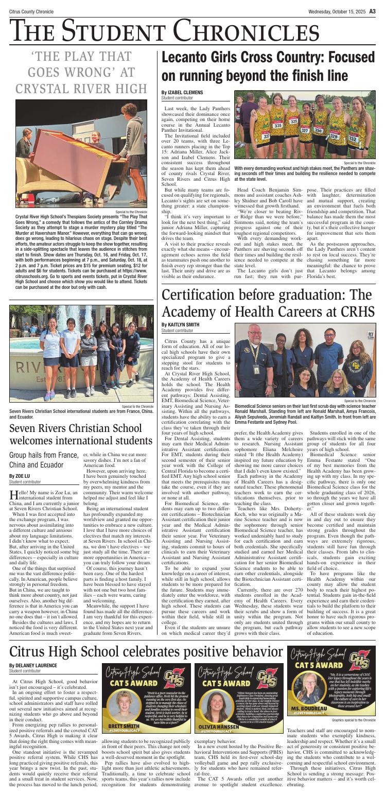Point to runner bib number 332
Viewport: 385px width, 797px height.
(353, 139)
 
